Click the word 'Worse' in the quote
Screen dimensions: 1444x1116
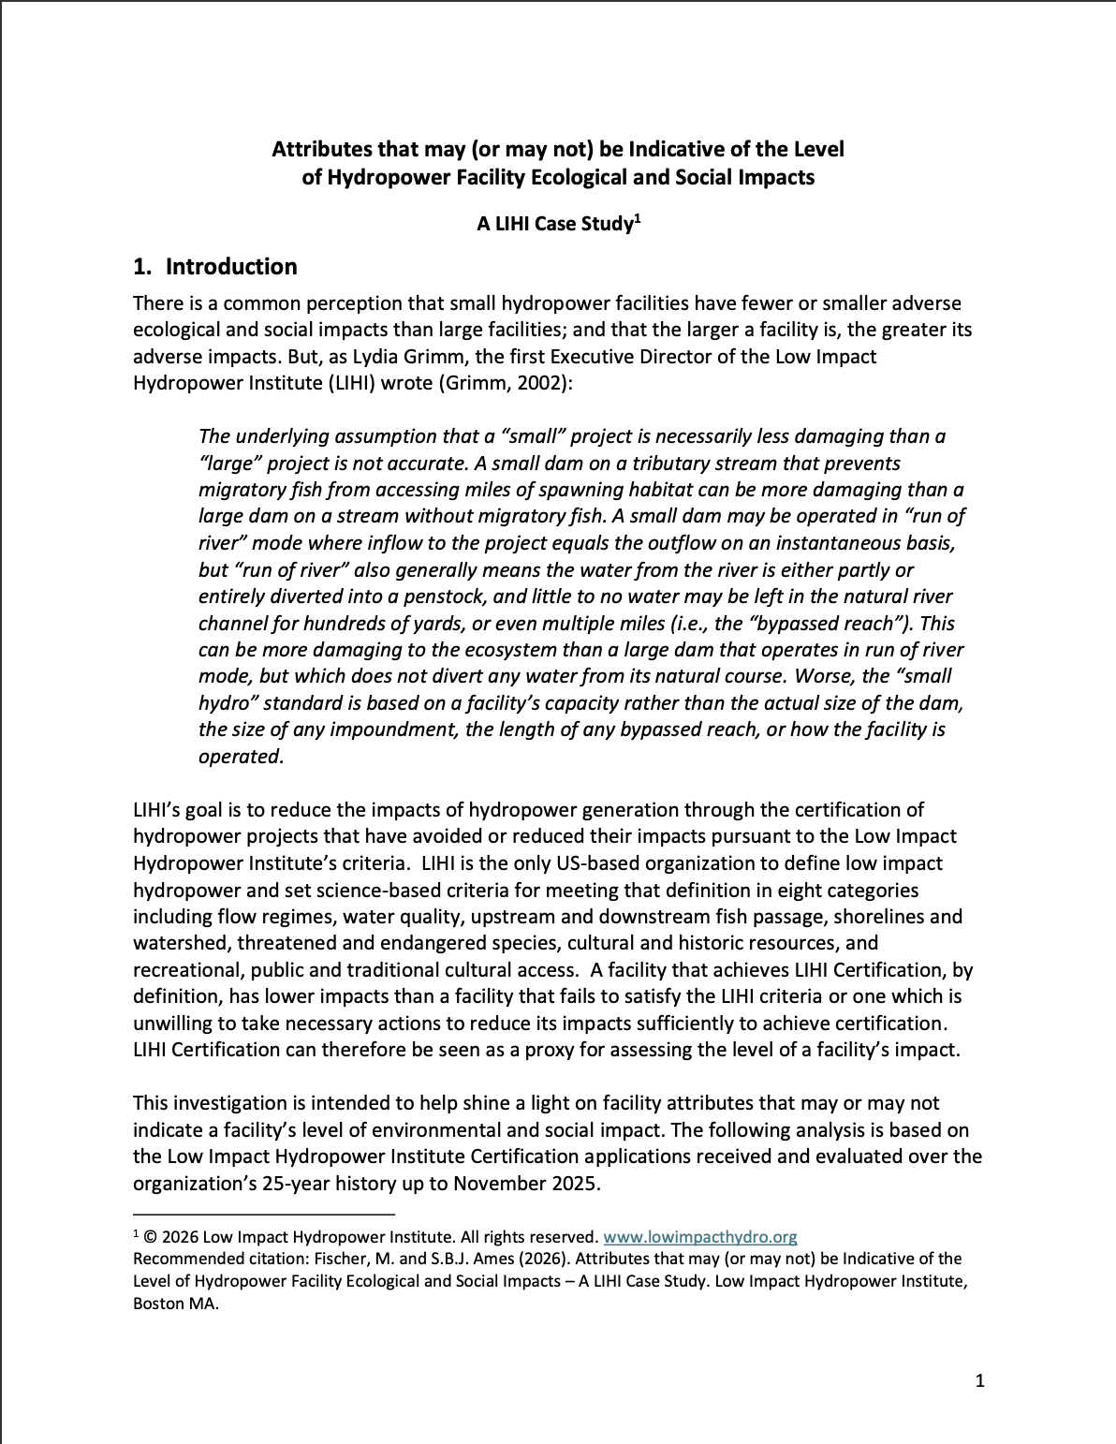815,676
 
